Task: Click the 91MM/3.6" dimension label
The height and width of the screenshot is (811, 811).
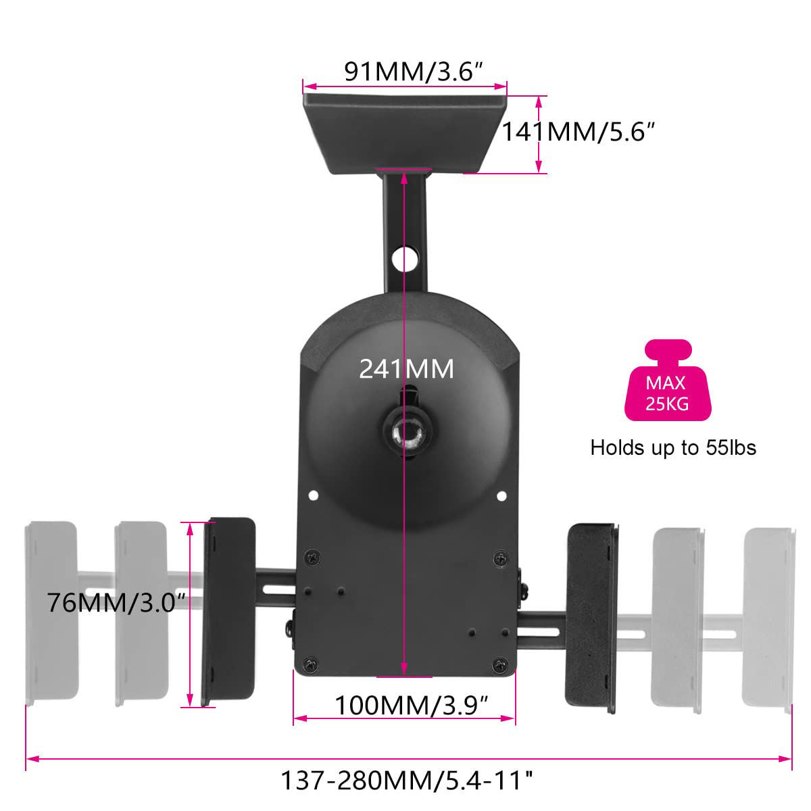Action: [413, 71]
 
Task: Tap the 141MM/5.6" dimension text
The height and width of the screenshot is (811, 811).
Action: [579, 132]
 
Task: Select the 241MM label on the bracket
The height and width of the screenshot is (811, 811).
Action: [406, 369]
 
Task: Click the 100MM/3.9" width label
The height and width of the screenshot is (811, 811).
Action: [412, 706]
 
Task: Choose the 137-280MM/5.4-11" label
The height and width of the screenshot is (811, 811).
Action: [406, 781]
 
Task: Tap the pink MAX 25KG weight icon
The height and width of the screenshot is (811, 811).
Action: [667, 382]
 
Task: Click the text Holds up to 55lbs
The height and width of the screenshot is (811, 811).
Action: [673, 447]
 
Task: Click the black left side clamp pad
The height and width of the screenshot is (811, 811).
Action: [230, 612]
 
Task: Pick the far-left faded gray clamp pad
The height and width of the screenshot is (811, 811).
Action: [51, 612]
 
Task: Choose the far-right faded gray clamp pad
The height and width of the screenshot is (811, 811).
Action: [769, 618]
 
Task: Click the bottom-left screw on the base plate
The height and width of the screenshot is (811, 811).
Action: [310, 665]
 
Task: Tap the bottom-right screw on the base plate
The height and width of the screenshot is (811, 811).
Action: [500, 665]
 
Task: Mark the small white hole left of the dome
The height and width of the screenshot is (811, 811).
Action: [313, 496]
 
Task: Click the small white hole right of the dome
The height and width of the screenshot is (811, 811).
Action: [501, 496]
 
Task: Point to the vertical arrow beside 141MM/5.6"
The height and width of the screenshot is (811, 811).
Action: [539, 134]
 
